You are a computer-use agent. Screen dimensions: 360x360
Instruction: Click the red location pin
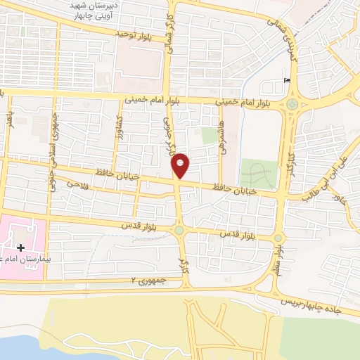point(181,165)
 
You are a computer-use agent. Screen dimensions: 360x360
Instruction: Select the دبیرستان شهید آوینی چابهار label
point(105,10)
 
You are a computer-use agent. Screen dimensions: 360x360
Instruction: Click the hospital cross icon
point(20,247)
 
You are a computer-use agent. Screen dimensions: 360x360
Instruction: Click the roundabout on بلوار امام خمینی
point(291,105)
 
